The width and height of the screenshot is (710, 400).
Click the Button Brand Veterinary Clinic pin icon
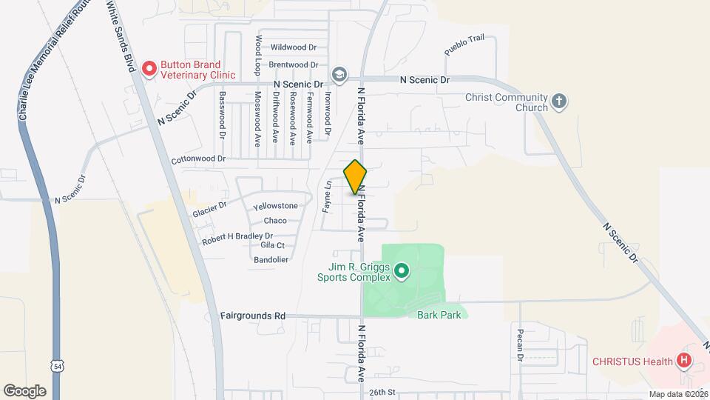[149, 69]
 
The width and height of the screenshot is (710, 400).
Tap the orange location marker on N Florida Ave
[356, 177]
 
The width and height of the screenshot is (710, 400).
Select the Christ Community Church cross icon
[560, 101]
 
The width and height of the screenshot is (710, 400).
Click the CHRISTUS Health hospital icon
[685, 361]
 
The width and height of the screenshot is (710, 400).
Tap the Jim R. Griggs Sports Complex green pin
[402, 272]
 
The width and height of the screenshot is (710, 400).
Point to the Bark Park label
[439, 315]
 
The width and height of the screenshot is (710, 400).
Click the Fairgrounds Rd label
[253, 316]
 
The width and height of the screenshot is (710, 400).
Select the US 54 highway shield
[57, 366]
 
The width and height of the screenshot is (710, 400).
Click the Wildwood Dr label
[293, 47]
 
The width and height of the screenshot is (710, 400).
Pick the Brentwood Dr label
[293, 65]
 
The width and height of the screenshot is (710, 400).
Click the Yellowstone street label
[275, 206]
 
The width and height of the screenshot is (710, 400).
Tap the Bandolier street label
[271, 259]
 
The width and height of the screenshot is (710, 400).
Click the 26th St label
[383, 392]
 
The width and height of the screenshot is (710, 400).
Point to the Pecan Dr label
[521, 346]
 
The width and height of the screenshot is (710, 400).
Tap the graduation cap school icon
[339, 74]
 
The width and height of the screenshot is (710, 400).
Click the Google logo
[24, 391]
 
